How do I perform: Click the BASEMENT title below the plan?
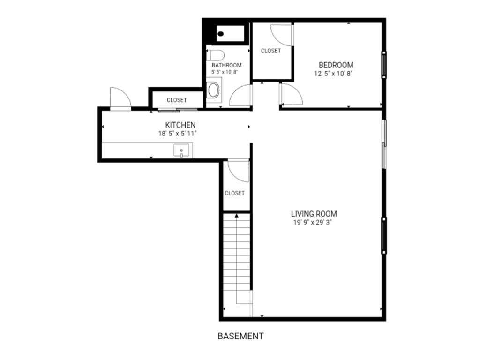coord(240,336)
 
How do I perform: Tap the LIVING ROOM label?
coord(314,214)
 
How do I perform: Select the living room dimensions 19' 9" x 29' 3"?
coord(313,223)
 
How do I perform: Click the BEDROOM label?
coord(336,65)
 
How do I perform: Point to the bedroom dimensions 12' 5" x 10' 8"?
coord(334,74)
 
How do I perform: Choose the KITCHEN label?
coord(180,125)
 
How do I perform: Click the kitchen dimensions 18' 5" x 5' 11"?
coord(177,134)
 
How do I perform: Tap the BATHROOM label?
coord(226,65)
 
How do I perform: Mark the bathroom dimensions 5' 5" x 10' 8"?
coord(225,72)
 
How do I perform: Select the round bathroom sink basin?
coord(213,90)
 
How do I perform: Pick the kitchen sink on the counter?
coord(181,150)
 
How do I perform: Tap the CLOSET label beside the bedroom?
coord(271,51)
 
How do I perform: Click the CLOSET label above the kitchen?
coord(177,100)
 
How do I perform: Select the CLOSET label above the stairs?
coord(234,193)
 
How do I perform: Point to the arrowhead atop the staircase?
coord(237,216)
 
